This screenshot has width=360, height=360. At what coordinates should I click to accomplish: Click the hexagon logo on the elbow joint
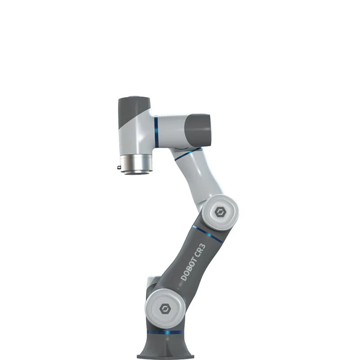(x=220, y=212)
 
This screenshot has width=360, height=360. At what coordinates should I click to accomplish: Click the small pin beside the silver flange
(x=118, y=167)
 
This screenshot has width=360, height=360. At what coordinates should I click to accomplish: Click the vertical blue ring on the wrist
(x=156, y=131)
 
